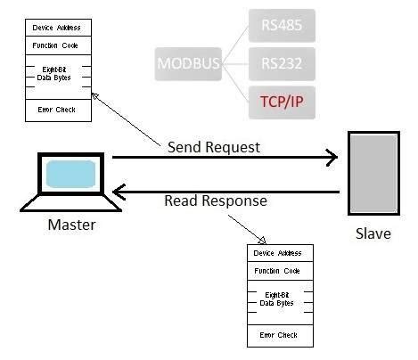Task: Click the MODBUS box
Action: tap(189, 64)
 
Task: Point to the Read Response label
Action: tap(215, 200)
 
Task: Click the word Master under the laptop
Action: tap(70, 225)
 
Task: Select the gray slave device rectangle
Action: tap(367, 174)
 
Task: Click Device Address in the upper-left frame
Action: tap(54, 28)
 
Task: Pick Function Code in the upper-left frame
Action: tap(54, 45)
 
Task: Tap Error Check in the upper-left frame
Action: tap(54, 110)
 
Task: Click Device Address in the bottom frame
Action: tap(279, 253)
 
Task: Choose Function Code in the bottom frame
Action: tap(279, 270)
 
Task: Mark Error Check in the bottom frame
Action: tap(279, 335)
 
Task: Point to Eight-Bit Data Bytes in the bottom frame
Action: tap(279, 299)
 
